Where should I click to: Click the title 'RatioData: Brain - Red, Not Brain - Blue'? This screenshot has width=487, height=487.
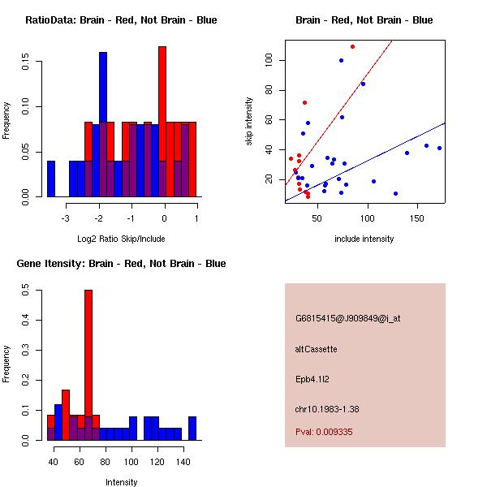pos(121,20)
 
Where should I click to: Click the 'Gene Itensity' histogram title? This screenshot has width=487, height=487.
pos(121,264)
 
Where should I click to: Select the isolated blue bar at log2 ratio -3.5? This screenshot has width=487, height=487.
pos(51,179)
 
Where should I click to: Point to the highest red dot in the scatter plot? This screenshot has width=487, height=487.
pos(352,46)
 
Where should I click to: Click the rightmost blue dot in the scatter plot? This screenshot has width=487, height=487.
pos(439,148)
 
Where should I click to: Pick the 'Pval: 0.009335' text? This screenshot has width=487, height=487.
pos(324,433)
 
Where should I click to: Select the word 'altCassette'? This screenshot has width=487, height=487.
pos(317,349)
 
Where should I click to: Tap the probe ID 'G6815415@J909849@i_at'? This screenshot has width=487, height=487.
pos(348,318)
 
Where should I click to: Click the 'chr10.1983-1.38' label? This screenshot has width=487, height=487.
pos(327,408)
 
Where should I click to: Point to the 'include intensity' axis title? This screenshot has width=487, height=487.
pos(364,239)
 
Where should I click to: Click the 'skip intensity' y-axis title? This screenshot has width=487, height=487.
pos(250,122)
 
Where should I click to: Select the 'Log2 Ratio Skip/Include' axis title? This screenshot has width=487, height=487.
pos(120,239)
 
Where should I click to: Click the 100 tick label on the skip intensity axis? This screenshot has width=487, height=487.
pos(267,61)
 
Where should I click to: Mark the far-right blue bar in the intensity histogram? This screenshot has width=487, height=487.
pos(192,428)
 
